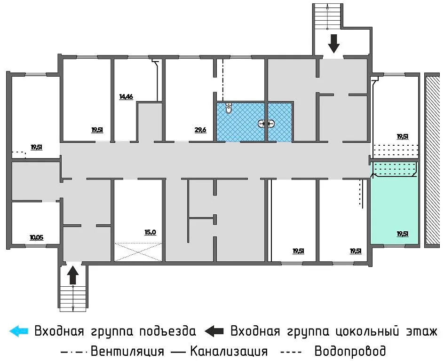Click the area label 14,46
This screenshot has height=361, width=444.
[126, 97]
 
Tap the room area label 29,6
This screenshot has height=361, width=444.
[200, 130]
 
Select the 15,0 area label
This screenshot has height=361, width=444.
[150, 232]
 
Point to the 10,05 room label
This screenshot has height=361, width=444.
[36, 237]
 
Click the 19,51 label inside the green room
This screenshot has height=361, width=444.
[402, 233]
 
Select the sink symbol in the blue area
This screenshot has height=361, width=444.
[266, 124]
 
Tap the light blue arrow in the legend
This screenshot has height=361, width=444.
[19, 331]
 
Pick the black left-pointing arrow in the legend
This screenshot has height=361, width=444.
[214, 331]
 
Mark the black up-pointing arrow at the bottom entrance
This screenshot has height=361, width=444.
[72, 275]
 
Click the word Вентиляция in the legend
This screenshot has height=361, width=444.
[127, 351]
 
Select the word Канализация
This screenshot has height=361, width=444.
[229, 351]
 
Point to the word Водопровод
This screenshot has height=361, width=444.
[350, 351]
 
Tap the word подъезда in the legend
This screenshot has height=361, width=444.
[167, 331]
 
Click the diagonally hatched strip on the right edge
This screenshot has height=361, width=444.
[432, 160]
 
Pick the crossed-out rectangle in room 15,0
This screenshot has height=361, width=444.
[138, 251]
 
